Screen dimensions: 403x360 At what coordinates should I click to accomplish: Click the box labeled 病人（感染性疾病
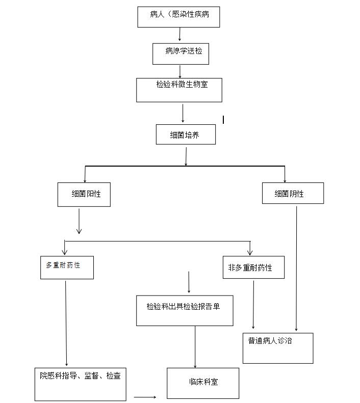click(178, 17)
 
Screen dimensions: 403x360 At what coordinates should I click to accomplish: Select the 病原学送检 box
click(181, 53)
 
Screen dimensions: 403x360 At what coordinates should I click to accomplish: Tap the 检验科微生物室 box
click(179, 90)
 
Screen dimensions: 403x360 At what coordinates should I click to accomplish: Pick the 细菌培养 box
click(186, 135)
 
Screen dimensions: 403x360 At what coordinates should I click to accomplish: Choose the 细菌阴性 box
click(292, 194)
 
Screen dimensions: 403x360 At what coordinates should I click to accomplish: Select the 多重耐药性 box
click(67, 267)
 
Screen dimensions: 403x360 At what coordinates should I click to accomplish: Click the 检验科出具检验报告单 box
click(184, 310)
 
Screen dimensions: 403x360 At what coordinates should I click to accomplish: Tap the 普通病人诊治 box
click(277, 348)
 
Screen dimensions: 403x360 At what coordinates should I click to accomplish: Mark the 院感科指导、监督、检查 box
click(81, 384)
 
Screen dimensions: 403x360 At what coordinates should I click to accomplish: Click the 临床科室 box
click(203, 383)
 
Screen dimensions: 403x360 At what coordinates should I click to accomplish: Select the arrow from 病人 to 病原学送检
click(179, 35)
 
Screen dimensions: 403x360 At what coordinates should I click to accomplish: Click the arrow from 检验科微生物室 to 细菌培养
click(183, 113)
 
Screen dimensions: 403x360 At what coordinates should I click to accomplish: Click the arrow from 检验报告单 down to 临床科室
click(195, 346)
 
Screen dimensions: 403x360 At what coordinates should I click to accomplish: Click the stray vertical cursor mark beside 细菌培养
click(223, 119)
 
